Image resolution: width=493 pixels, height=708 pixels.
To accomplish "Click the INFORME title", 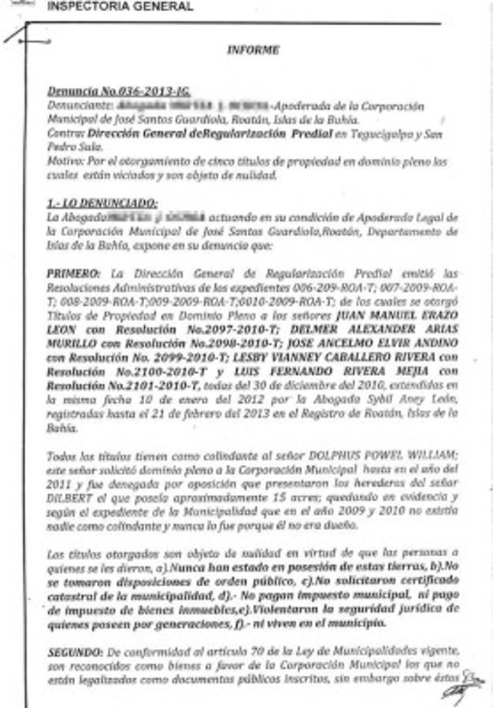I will [x=253, y=50].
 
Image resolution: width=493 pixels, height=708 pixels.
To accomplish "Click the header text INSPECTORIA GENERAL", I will [x=120, y=7].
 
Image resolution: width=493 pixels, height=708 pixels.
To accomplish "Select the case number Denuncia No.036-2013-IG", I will [x=119, y=91].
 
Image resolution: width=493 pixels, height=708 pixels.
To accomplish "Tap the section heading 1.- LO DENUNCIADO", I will [x=102, y=201].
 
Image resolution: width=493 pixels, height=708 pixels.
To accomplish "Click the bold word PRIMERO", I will [x=73, y=274].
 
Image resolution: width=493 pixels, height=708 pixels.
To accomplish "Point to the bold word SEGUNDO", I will [x=75, y=653].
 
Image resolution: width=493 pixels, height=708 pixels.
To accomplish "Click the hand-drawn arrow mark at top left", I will [x=21, y=35].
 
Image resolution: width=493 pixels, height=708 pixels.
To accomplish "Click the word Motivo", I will [x=63, y=161].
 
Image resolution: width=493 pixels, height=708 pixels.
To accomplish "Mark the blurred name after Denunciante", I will [x=189, y=105].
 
